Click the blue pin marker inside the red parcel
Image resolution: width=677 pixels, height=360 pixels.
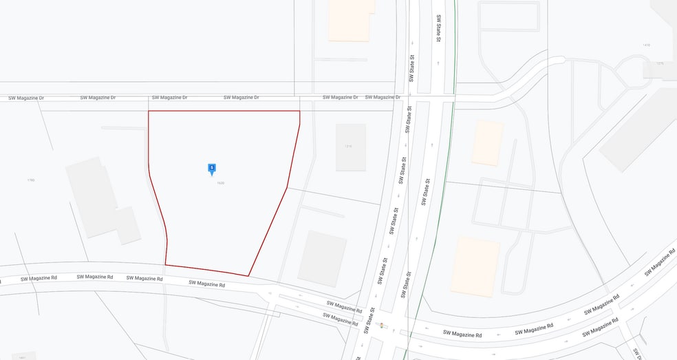pyautogui.click(x=212, y=168)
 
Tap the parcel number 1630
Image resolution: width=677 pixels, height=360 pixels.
pyautogui.click(x=221, y=182)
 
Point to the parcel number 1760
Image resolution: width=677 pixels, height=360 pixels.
pyautogui.click(x=30, y=180)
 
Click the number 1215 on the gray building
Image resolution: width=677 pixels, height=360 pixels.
pyautogui.click(x=350, y=147)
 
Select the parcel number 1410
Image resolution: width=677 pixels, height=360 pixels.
pyautogui.click(x=645, y=45)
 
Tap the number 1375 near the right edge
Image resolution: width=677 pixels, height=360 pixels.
pyautogui.click(x=660, y=63)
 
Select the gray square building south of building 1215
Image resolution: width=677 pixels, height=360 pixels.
pyautogui.click(x=322, y=257)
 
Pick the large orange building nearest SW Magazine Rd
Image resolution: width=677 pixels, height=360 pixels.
pyautogui.click(x=475, y=266)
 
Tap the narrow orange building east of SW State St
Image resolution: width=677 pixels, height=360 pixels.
pyautogui.click(x=487, y=143)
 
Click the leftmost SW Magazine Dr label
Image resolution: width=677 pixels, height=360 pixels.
pyautogui.click(x=26, y=98)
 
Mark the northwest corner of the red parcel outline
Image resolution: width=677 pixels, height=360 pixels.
pyautogui.click(x=149, y=111)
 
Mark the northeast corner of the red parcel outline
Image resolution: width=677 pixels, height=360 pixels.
pyautogui.click(x=300, y=111)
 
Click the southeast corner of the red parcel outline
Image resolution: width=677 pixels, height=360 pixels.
pyautogui.click(x=248, y=276)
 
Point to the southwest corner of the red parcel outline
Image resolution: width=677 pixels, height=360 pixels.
pyautogui.click(x=165, y=264)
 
